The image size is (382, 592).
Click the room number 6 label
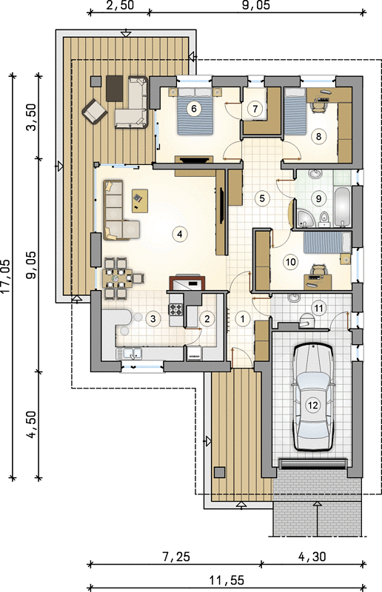point(194,109)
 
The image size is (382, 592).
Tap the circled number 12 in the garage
point(312,405)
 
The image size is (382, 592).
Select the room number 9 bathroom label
point(318,198)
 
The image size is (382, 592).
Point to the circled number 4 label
point(179,234)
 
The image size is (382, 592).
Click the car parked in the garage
point(313,397)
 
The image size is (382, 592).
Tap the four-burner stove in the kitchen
point(176,309)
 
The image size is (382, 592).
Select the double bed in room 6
point(195,111)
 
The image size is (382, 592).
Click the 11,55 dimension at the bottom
point(227,579)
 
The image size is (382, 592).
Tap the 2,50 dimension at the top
point(120,5)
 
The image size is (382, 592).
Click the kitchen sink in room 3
point(129,354)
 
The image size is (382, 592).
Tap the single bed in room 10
point(327,242)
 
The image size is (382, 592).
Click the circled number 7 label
point(255,109)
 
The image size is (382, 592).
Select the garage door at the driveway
point(313,464)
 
